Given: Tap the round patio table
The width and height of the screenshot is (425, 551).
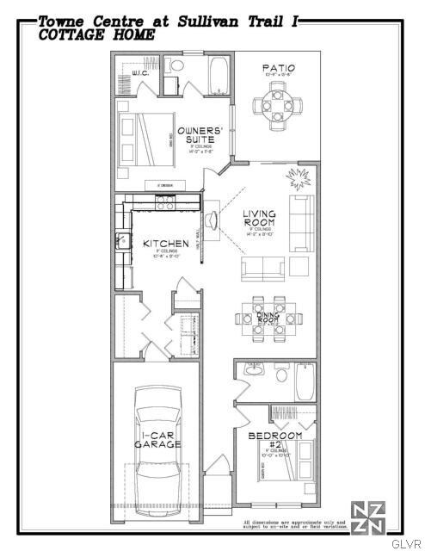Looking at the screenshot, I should pyautogui.click(x=277, y=106).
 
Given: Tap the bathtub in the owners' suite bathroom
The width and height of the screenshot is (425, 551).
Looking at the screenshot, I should pyautogui.click(x=219, y=77).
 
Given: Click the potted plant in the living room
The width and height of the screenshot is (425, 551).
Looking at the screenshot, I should pyautogui.click(x=300, y=180).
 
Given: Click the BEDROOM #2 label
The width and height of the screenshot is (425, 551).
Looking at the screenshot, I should pyautogui.click(x=274, y=441).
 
